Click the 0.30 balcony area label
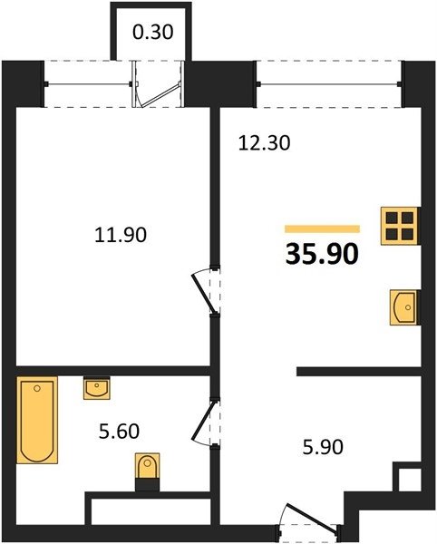click(152, 33)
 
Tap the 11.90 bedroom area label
click(121, 235)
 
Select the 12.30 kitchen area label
click(264, 143)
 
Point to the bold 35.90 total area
click(322, 254)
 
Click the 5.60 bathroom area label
click(119, 432)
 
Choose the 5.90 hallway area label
click(323, 447)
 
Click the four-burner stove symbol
click(400, 226)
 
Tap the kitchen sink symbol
click(404, 307)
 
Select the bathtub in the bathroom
click(37, 420)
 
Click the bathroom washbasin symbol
click(97, 389)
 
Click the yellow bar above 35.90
click(322, 229)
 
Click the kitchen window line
click(328, 83)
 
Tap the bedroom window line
click(88, 84)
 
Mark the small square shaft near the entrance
click(410, 481)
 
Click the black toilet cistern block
click(148, 485)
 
